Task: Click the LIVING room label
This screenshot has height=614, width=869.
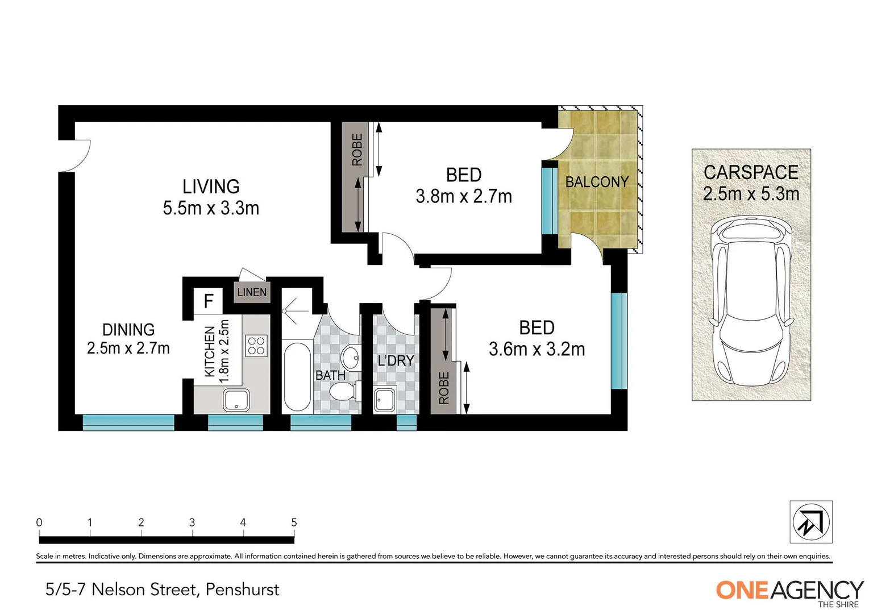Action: click(211, 187)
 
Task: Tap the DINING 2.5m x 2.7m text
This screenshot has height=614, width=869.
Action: click(128, 339)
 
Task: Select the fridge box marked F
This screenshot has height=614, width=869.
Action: click(209, 301)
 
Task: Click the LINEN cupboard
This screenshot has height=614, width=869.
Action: click(251, 292)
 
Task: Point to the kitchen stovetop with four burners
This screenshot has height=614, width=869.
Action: click(256, 346)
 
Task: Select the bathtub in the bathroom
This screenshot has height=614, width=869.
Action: click(297, 376)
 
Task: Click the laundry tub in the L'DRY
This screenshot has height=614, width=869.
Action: click(385, 400)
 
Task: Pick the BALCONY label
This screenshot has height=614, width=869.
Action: click(597, 182)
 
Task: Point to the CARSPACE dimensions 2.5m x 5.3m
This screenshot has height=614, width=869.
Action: click(751, 194)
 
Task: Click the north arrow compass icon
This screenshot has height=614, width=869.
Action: click(811, 522)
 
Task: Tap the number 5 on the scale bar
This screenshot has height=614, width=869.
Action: click(294, 522)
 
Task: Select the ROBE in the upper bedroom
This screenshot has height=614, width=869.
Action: click(356, 177)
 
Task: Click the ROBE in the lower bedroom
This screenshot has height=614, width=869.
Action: click(443, 359)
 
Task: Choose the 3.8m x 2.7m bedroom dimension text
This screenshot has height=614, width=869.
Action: click(464, 197)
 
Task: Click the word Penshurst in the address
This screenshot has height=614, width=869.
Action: click(242, 590)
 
